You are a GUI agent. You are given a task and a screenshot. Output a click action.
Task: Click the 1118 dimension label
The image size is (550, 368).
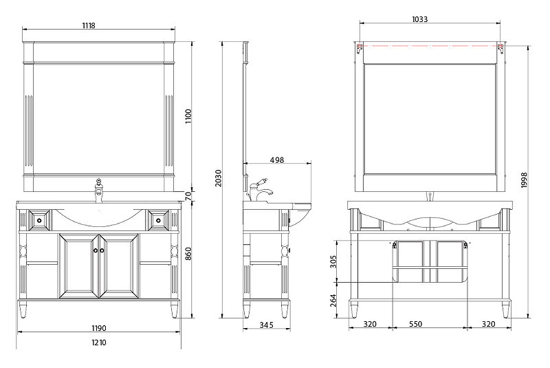point(89,25)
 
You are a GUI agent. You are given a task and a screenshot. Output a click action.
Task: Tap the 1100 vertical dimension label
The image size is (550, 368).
point(188,116)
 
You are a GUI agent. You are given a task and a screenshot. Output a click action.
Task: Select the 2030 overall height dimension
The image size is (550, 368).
point(218,178)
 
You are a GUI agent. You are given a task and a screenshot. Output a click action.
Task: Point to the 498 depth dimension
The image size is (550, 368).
point(277,160)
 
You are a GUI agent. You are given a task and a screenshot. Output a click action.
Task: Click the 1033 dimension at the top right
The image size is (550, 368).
point(420,19)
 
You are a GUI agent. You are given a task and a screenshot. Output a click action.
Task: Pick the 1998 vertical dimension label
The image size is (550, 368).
point(524,180)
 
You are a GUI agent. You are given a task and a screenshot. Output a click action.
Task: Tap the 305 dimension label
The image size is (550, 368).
point(333,261)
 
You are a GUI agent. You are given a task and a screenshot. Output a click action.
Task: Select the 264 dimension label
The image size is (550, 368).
point(333,301)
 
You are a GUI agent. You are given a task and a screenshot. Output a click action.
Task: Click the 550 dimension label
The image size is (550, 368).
point(415,324)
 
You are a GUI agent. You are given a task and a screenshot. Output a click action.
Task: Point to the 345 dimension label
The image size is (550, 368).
point(266,325)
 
